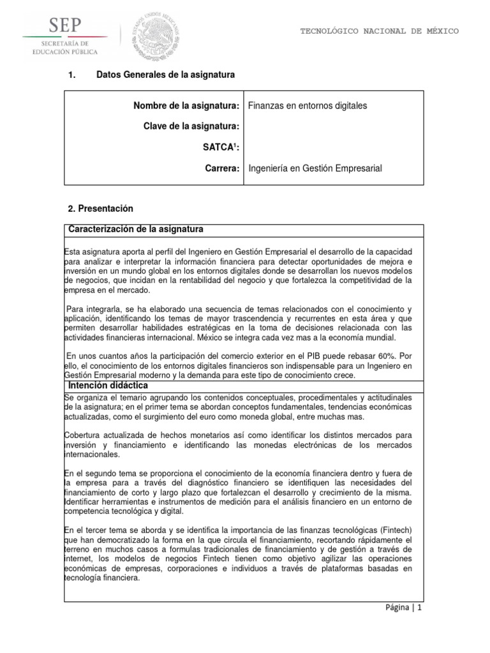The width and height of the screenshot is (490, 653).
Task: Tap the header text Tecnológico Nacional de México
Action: click(x=379, y=31)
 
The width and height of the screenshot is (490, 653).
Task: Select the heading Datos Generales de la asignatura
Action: click(x=165, y=75)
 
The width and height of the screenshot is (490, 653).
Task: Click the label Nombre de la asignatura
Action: click(x=187, y=106)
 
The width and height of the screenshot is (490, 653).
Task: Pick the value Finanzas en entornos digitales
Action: click(x=307, y=106)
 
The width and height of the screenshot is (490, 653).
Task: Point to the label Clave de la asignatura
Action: click(x=191, y=127)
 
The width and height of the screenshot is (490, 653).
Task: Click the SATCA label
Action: click(x=221, y=148)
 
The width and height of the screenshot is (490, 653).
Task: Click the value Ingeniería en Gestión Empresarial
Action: click(x=314, y=168)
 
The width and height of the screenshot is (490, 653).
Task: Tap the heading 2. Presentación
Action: click(x=100, y=209)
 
